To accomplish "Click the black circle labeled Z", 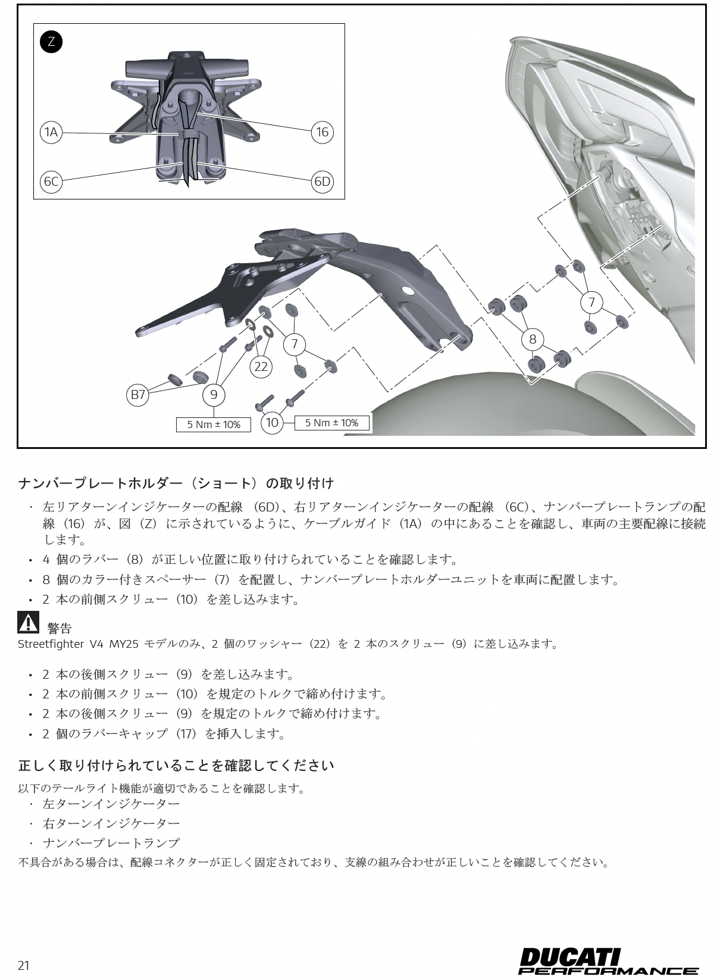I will [51, 42].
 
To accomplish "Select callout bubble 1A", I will [52, 132].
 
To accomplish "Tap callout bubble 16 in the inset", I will [322, 132].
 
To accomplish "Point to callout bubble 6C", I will [52, 181].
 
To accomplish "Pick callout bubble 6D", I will [322, 181].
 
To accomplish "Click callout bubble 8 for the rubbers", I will [533, 339].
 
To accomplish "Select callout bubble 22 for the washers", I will [261, 367].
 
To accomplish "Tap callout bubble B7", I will [138, 394].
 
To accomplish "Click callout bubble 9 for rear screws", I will [214, 394].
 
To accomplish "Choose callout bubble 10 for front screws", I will [272, 423].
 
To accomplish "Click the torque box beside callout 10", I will [331, 423].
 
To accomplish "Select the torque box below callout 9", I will [214, 425].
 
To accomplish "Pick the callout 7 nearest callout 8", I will [591, 302].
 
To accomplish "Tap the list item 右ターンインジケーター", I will [111, 823].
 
